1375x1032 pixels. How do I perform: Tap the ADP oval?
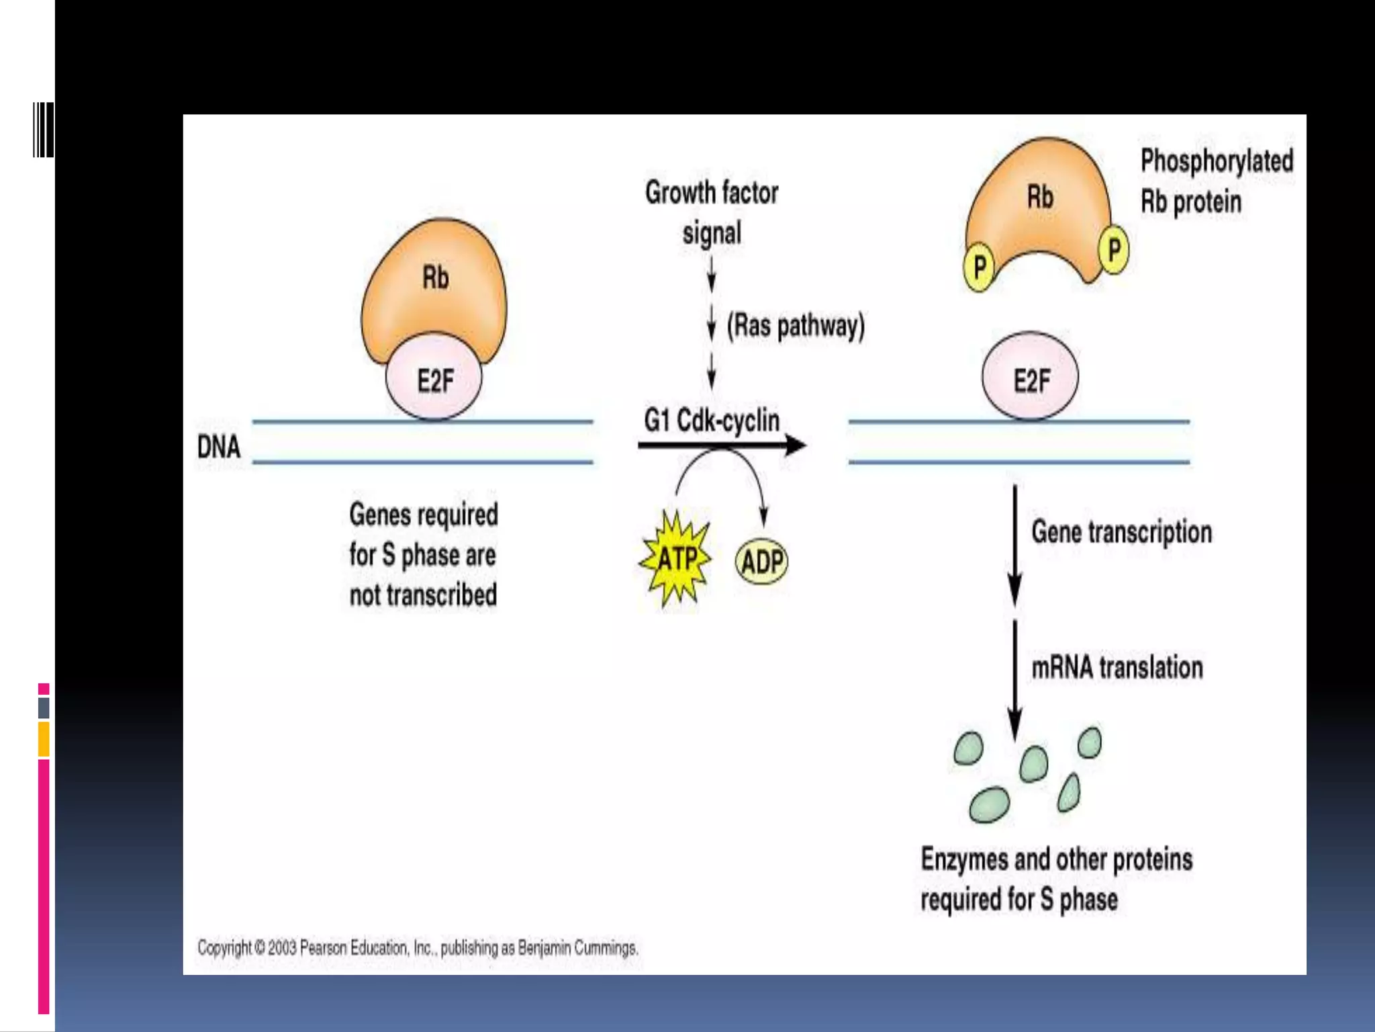762,562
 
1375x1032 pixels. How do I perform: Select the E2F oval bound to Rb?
434,380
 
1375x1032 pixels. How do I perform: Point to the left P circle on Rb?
980,267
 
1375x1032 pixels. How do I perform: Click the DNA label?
219,447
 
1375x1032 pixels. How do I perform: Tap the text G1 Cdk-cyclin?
712,421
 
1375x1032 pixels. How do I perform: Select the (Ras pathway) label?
796,326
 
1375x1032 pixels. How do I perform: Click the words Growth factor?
712,193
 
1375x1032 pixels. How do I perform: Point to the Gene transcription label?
1122,532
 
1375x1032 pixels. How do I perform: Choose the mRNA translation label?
1117,668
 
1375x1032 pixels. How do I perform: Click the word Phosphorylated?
1217,161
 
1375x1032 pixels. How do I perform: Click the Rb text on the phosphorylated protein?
1040,198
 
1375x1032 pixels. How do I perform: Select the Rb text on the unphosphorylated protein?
435,277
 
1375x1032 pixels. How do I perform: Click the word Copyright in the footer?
224,948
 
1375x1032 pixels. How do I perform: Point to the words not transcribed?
423,595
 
